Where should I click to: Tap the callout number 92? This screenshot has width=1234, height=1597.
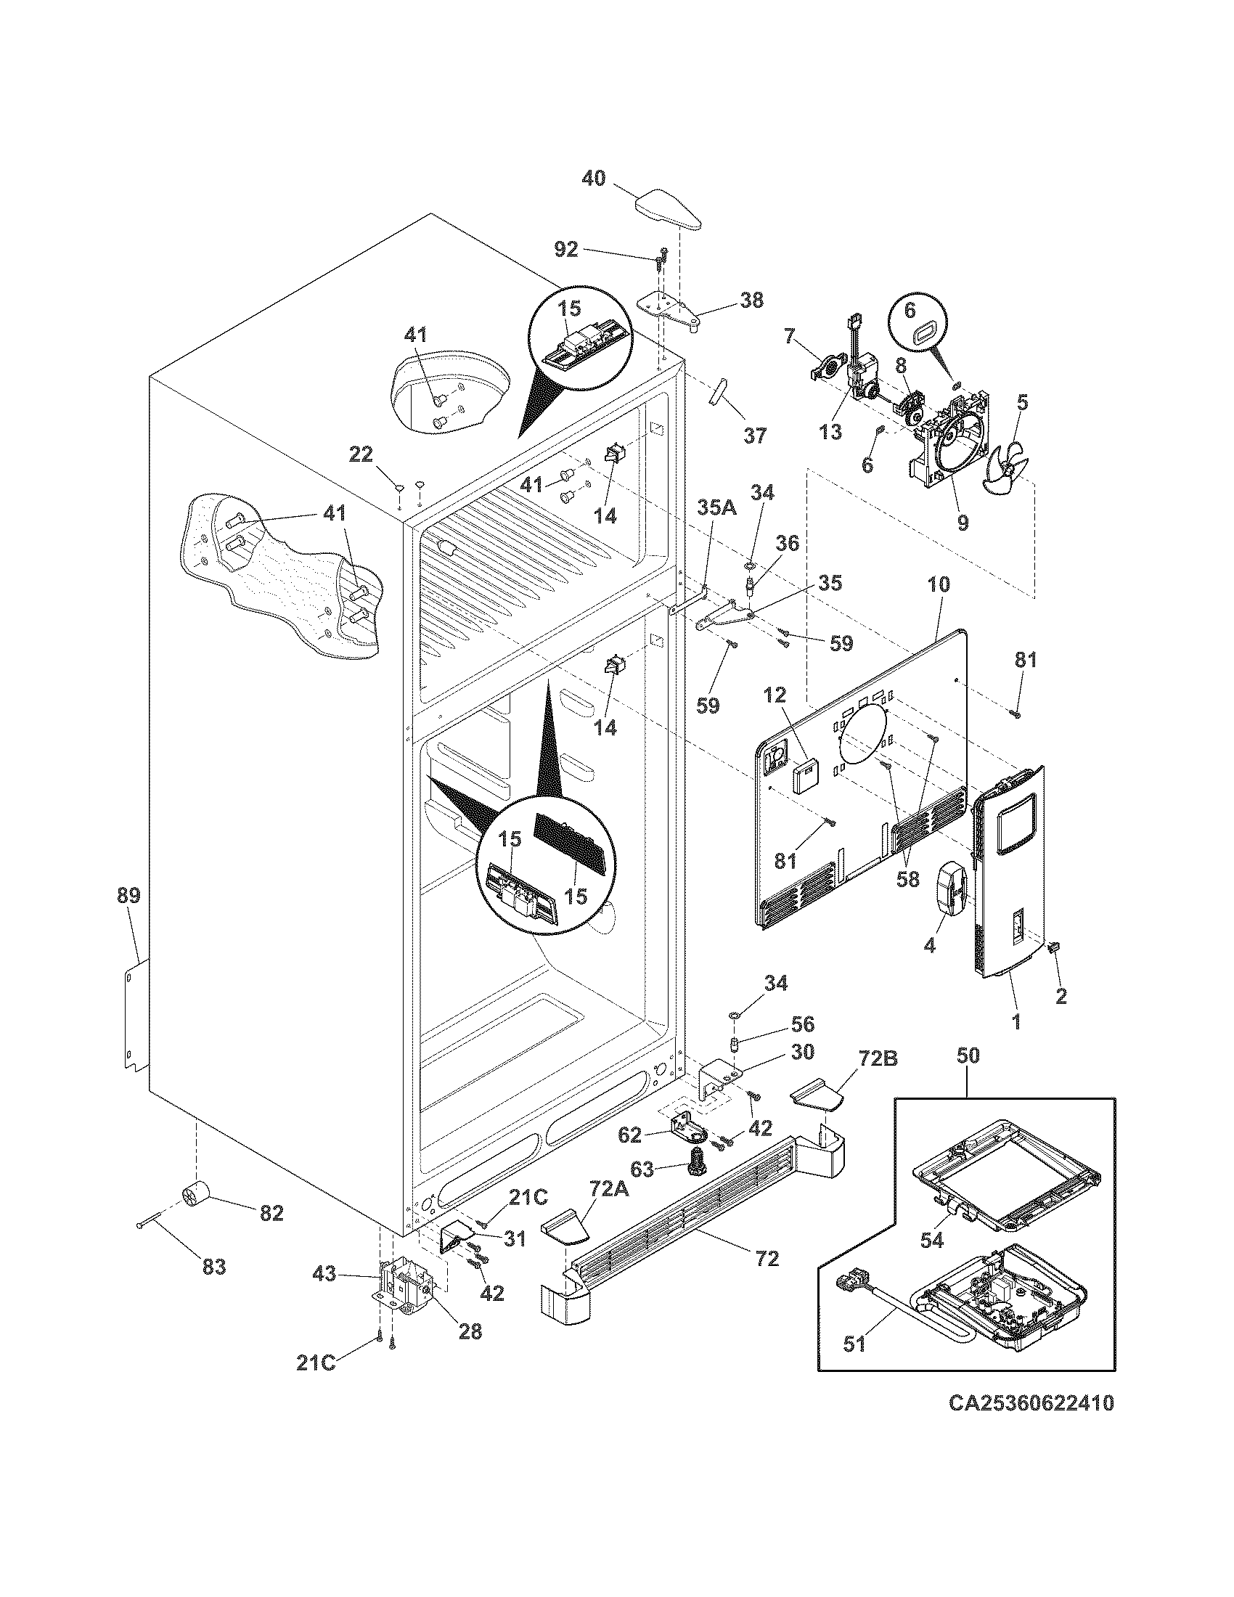pyautogui.click(x=566, y=250)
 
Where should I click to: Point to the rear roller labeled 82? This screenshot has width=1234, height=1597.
pyautogui.click(x=195, y=1196)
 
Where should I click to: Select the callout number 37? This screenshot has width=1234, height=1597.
pyautogui.click(x=755, y=436)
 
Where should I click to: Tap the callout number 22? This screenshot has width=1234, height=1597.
pyautogui.click(x=361, y=455)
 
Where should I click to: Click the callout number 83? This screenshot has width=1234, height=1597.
pyautogui.click(x=214, y=1266)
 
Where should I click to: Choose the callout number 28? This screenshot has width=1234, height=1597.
pyautogui.click(x=470, y=1331)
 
